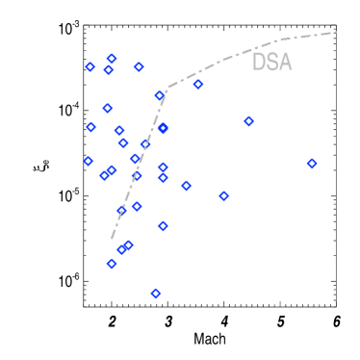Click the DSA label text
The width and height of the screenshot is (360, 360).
pyautogui.click(x=271, y=63)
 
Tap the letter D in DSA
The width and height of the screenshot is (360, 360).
pyautogui.click(x=259, y=63)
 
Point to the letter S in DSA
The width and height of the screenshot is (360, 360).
pyautogui.click(x=271, y=63)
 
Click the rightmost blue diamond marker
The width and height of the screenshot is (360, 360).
pyautogui.click(x=312, y=163)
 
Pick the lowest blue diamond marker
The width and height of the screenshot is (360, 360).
pyautogui.click(x=156, y=293)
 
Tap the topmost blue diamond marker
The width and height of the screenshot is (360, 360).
pyautogui.click(x=112, y=59)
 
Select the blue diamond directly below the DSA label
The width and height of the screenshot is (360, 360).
pyautogui.click(x=249, y=121)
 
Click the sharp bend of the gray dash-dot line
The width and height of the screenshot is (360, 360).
pyautogui.click(x=167, y=89)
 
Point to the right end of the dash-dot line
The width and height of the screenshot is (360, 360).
pyautogui.click(x=336, y=33)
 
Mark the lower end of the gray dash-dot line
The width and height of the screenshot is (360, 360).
pyautogui.click(x=112, y=239)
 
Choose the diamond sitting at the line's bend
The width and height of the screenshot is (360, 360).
pyautogui.click(x=160, y=95)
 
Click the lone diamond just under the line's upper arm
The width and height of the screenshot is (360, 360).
pyautogui.click(x=198, y=85)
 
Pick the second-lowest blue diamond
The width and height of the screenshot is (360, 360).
pyautogui.click(x=112, y=263)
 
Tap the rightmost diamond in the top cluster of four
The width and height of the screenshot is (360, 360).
pyautogui.click(x=139, y=67)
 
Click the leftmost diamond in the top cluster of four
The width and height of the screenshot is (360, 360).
pyautogui.click(x=90, y=67)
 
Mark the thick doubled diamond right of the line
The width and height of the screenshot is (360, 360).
pyautogui.click(x=163, y=128)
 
